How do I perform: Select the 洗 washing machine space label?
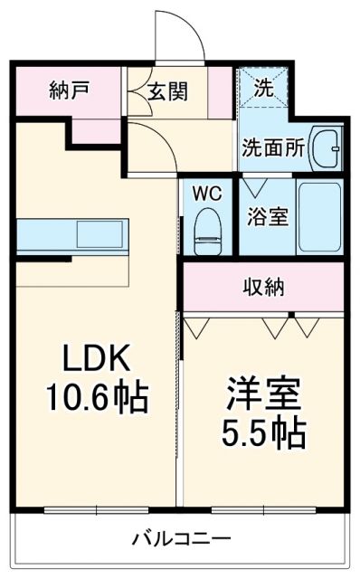click(261, 89)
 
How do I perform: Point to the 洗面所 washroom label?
click(272, 148)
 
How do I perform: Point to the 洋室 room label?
click(263, 395)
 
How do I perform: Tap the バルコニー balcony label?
click(181, 541)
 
